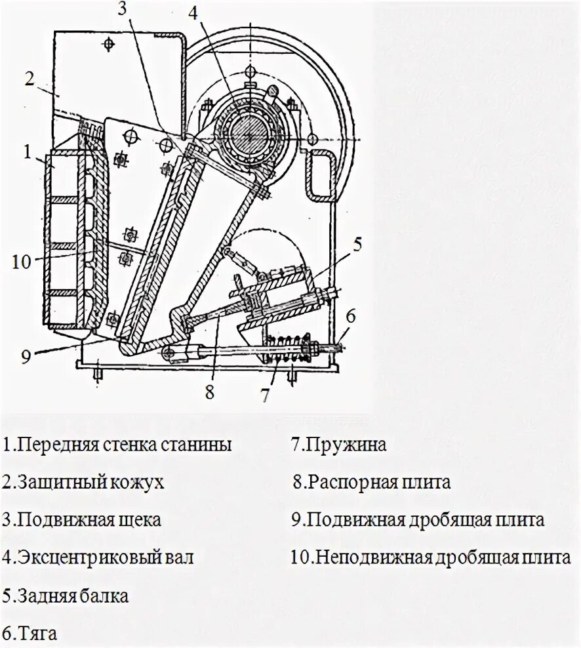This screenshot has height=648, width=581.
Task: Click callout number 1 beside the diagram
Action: pyautogui.click(x=28, y=152)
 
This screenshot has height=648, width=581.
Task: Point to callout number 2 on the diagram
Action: pyautogui.click(x=30, y=79)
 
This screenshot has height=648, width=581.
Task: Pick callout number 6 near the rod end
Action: pyautogui.click(x=350, y=316)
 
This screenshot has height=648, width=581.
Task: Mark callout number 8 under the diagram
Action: pyautogui.click(x=209, y=392)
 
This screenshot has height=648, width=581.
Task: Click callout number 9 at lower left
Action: pyautogui.click(x=26, y=357)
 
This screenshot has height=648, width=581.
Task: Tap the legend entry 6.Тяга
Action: pyautogui.click(x=30, y=634)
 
